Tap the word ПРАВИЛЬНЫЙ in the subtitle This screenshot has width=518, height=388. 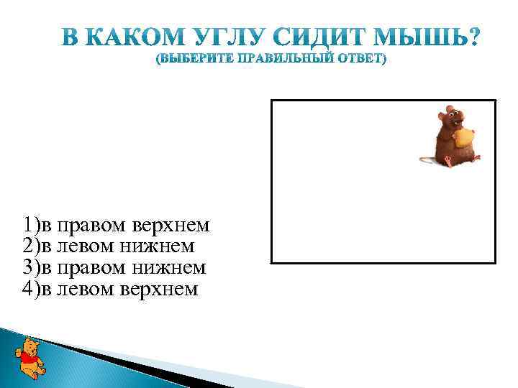286,58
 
